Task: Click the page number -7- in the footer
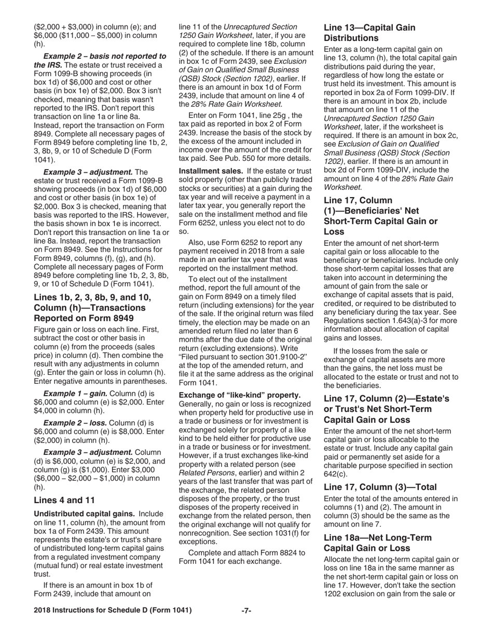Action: (246, 611)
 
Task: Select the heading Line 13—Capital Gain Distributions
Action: (369, 33)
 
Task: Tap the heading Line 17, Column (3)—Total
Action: (380, 487)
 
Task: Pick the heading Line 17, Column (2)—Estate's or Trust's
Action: (386, 403)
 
